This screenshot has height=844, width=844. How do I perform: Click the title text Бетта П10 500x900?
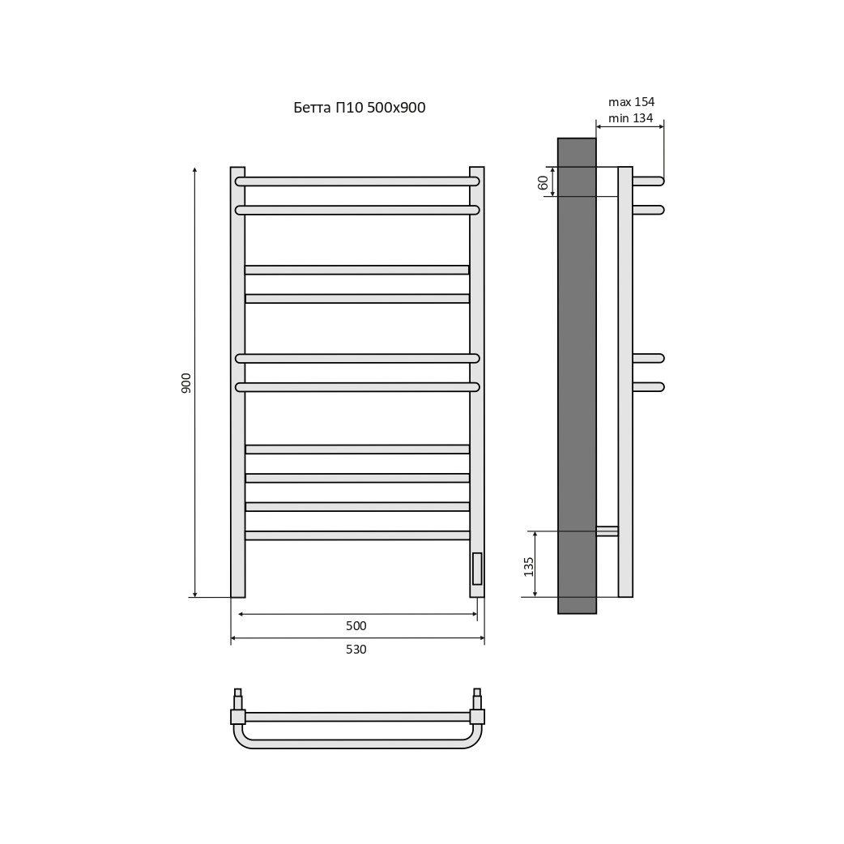359,108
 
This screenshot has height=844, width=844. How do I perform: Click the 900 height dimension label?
185,382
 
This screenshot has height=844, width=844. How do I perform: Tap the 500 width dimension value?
356,625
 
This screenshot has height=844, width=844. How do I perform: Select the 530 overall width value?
356,649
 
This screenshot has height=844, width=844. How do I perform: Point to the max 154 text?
632,102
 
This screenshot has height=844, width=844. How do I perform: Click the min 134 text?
630,118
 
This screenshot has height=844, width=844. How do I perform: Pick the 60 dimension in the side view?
543,182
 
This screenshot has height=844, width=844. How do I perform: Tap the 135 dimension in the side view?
529,567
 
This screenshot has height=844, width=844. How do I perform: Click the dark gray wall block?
577,376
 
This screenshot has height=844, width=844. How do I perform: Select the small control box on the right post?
477,569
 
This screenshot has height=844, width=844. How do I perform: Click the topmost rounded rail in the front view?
357,181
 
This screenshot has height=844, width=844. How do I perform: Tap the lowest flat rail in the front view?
357,535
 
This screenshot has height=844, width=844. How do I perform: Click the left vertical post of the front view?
237,382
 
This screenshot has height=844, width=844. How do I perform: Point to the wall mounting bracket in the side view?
607,531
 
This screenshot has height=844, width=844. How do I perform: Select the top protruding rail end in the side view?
649,181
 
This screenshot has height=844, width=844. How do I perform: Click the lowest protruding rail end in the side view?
649,387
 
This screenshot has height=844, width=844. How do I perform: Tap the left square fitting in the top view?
238,717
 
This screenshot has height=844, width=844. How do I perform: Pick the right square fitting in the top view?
477,717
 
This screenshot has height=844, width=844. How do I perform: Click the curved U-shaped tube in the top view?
357,744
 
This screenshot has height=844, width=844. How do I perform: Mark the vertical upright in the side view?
625,382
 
